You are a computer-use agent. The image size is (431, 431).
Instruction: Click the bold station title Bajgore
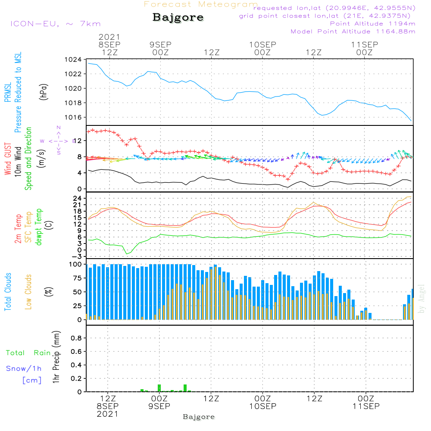pos(178,18)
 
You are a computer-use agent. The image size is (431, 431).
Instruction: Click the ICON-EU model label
pos(55,24)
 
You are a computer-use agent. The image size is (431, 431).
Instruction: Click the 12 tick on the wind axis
pos(77,141)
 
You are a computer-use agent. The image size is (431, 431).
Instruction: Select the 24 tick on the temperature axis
pos(77,198)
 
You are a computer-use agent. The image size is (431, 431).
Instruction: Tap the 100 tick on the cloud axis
pos(75,264)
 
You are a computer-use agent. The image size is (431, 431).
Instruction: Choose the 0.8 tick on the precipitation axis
pos(76,338)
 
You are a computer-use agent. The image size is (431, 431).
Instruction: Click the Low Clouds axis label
pos(28,292)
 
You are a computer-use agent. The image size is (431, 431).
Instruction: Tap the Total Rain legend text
pos(28,353)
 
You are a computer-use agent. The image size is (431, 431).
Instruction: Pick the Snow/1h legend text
pos(24,369)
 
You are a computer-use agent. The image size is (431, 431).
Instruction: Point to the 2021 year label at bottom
pos(107,414)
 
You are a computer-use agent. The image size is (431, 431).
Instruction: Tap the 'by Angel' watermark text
pos(422,299)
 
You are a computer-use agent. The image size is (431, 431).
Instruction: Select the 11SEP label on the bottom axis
pos(365,406)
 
